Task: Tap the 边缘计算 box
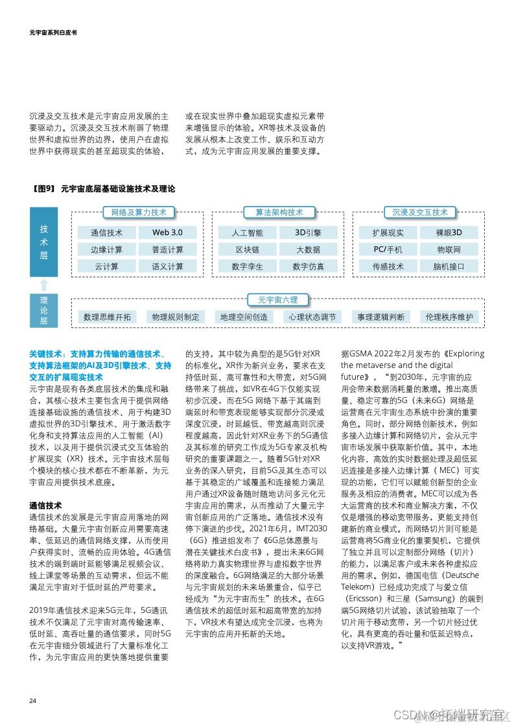106,249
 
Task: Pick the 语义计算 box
167,266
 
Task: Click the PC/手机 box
388,249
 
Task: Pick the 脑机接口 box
449,266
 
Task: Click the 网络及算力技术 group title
139,213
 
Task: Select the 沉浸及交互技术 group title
420,213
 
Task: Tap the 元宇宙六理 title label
278,300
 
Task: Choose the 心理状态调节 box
313,317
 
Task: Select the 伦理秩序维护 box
449,317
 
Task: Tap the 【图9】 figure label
43,189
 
